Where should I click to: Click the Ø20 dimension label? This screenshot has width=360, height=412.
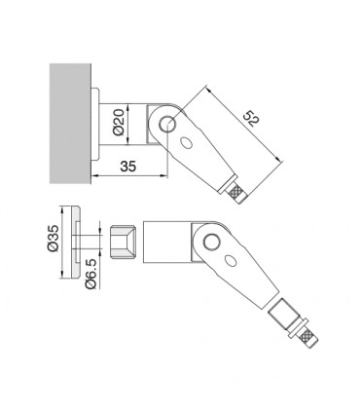119,122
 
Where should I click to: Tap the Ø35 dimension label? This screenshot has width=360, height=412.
53,238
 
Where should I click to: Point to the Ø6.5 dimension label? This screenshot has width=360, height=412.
90,274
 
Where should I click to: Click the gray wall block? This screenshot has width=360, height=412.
70,124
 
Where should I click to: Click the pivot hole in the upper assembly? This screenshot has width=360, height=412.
167,124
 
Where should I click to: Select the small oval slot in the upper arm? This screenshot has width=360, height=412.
186,143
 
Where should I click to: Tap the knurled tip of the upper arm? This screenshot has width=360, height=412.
238,194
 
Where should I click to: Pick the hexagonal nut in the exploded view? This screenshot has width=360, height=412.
123,242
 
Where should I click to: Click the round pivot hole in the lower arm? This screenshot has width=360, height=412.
211,242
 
